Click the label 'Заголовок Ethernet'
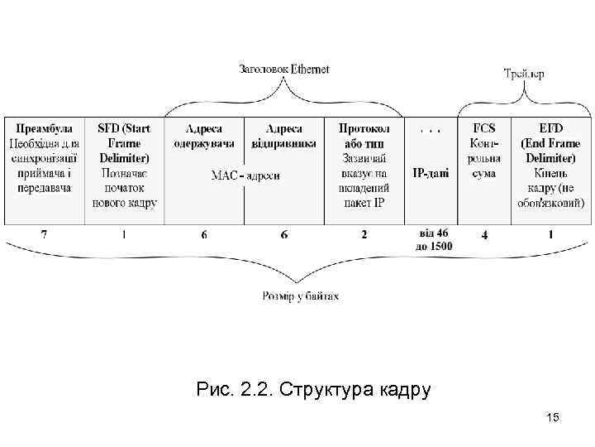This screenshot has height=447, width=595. click(283, 70)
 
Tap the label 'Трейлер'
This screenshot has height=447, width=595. click(524, 74)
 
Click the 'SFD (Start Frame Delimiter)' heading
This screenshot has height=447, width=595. click(124, 142)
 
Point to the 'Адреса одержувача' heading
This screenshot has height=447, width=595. click(204, 135)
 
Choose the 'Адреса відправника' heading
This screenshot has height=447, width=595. click(283, 135)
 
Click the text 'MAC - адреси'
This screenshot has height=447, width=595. click(245, 175)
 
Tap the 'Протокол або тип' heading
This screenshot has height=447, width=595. click(363, 135)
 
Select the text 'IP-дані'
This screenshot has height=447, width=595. click(431, 172)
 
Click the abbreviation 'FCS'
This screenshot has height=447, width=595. click(484, 128)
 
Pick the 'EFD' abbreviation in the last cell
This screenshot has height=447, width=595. click(550, 128)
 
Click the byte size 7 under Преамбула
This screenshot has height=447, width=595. click(44, 235)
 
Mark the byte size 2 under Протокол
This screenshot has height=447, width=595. click(363, 235)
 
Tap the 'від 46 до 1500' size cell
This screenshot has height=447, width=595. click(431, 240)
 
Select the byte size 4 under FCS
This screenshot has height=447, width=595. click(484, 236)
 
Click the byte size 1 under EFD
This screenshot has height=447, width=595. click(550, 235)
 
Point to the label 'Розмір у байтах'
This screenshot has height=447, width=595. click(299, 295)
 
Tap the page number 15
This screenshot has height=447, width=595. click(553, 418)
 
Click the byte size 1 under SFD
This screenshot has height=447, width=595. click(124, 235)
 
